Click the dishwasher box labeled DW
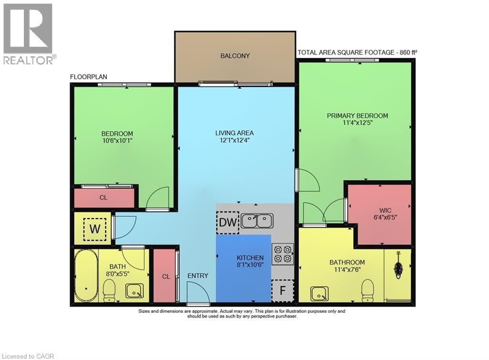227,222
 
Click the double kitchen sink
257,221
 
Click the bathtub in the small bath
85,275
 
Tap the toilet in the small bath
109,290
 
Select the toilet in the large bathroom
368,290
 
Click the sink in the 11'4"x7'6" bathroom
319,294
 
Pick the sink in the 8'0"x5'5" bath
134,290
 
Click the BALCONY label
235,56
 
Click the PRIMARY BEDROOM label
357,116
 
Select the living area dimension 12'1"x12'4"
234,141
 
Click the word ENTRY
198,275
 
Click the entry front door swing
197,292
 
